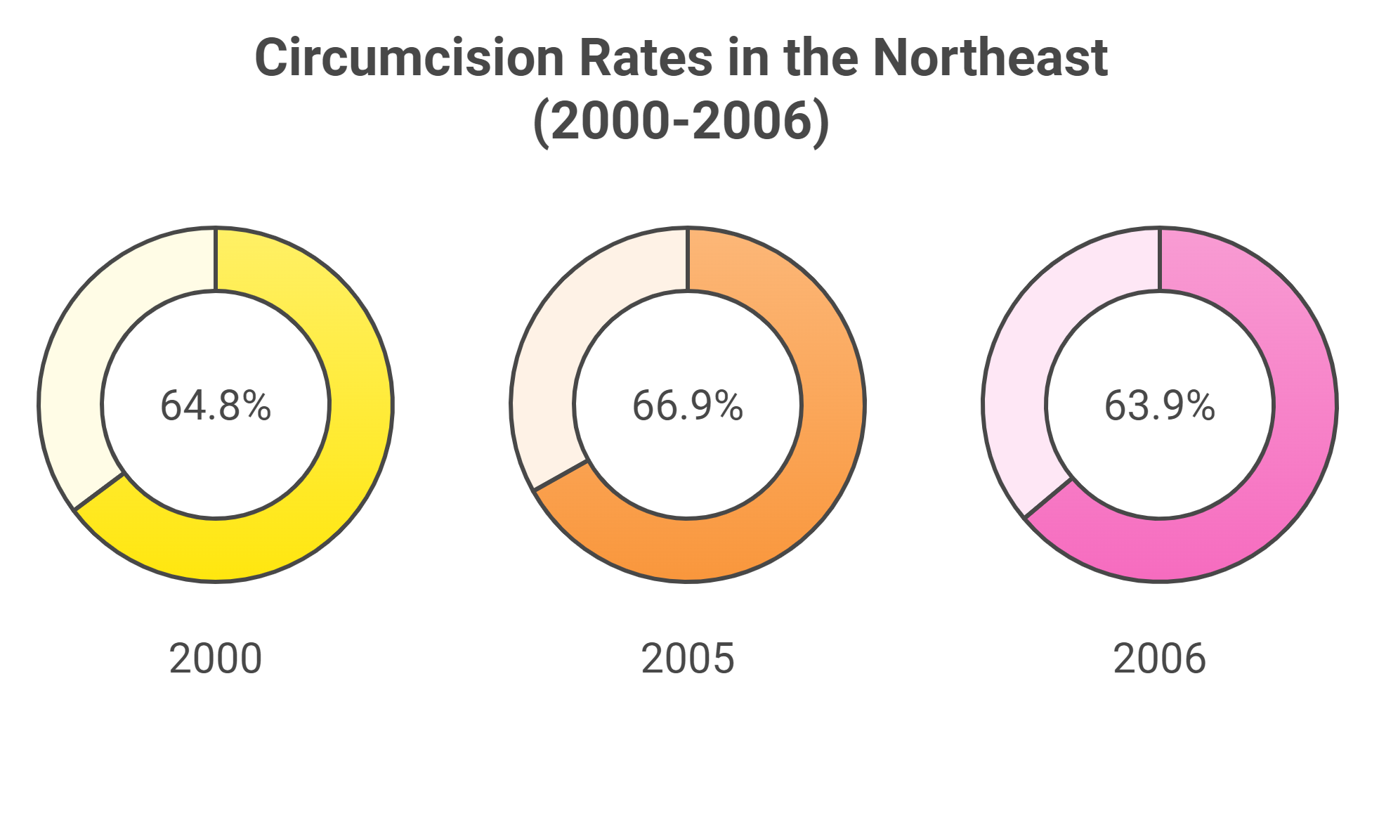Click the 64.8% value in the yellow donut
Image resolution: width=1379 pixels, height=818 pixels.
(x=216, y=406)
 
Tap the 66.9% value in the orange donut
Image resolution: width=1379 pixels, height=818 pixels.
(x=688, y=406)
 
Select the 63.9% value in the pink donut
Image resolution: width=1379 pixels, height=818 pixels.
(x=1160, y=406)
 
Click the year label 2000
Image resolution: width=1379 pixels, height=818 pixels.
(x=216, y=659)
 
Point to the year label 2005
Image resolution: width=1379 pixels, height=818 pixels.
(x=688, y=659)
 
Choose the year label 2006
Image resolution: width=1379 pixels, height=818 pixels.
(x=1160, y=659)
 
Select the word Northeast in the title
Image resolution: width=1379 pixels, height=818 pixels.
(x=991, y=58)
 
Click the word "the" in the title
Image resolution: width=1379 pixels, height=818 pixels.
(x=821, y=58)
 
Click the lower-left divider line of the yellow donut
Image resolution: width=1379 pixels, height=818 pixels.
(x=99, y=491)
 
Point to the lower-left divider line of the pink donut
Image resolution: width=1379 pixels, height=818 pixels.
(x=1048, y=498)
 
